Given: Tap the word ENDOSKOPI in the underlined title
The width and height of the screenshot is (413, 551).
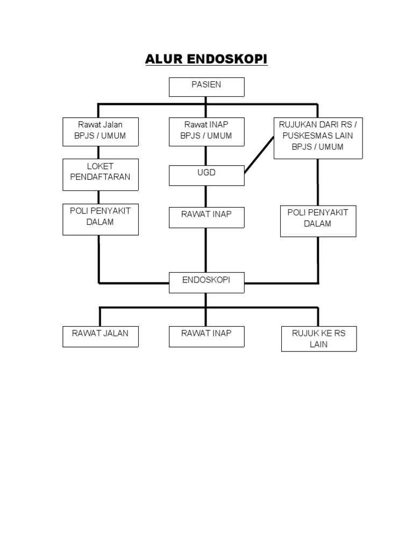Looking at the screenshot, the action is pos(227,59).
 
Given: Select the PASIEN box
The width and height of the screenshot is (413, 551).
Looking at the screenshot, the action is pos(206,87).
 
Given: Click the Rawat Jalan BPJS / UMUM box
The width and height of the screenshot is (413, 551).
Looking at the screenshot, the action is pos(101,132).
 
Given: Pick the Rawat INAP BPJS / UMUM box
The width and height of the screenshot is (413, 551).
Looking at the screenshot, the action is pos(206,132).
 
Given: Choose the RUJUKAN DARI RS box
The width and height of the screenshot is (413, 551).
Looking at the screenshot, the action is pos(318,138).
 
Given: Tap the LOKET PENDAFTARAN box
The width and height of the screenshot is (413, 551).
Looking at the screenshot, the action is pos(101,175).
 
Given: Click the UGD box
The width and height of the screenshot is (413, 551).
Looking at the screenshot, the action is pos(206,175).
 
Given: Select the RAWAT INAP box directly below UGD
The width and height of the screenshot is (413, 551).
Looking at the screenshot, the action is pos(206,217).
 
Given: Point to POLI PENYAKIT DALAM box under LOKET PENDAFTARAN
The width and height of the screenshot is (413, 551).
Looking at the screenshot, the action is pos(101,220).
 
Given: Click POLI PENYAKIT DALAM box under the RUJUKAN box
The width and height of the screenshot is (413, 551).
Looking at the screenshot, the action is pos(318,221).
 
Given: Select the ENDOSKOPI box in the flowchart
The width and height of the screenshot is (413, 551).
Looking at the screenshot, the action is pos(206,282).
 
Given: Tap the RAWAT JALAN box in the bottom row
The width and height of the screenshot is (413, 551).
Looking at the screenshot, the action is pos(101,337).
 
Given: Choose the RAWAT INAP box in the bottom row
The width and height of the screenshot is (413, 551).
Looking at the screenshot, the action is pos(206,337).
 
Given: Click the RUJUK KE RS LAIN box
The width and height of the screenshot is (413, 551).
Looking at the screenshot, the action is pos(319,339).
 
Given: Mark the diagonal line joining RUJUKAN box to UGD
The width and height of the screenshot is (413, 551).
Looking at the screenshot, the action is pos(259,155).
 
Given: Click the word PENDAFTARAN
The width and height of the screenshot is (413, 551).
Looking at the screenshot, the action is pos(100,176).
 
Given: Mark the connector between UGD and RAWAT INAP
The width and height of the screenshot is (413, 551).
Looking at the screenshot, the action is pos(206,196).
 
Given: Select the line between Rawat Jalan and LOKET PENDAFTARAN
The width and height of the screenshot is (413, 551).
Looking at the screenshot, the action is pos(98,152).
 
